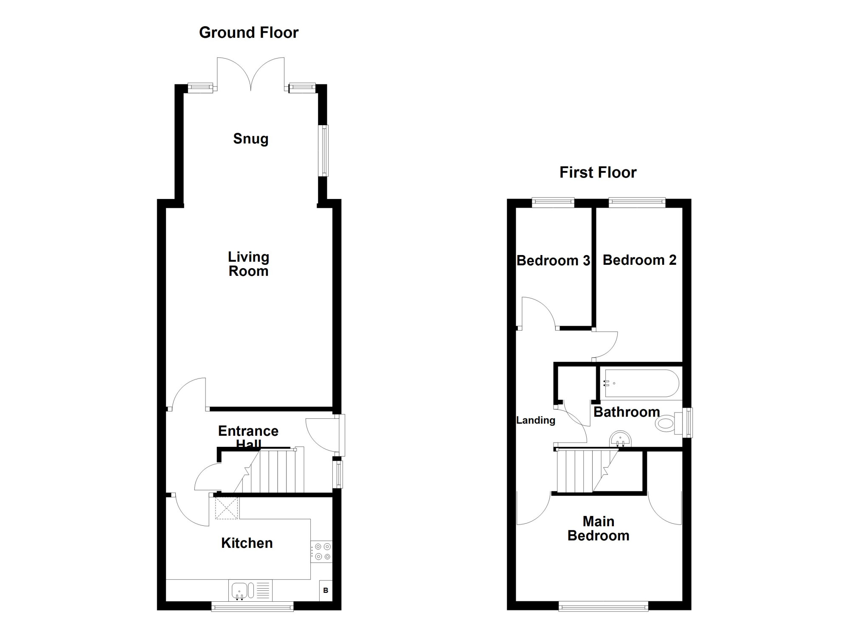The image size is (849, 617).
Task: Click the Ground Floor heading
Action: [x=249, y=33]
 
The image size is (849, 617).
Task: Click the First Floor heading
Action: [x=598, y=172]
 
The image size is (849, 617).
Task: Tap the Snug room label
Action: [x=250, y=139]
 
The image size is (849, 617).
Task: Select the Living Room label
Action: [x=248, y=264]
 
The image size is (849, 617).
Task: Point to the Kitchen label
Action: [x=247, y=543]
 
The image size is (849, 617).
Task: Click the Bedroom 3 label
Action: [x=553, y=260]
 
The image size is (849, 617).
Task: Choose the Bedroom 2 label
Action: [x=639, y=260]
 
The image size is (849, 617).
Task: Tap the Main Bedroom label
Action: [x=598, y=528]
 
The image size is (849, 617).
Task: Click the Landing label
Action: [x=536, y=420]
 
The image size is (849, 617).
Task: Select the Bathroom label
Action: [x=627, y=412]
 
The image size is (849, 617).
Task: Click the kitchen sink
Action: [x=250, y=591]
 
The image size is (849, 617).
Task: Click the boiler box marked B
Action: [x=326, y=590]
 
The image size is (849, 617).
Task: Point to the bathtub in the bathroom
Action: [x=641, y=384]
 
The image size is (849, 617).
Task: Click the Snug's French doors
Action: [x=250, y=74]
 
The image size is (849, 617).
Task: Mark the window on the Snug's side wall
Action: [x=323, y=150]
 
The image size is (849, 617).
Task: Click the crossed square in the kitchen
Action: [x=226, y=508]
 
